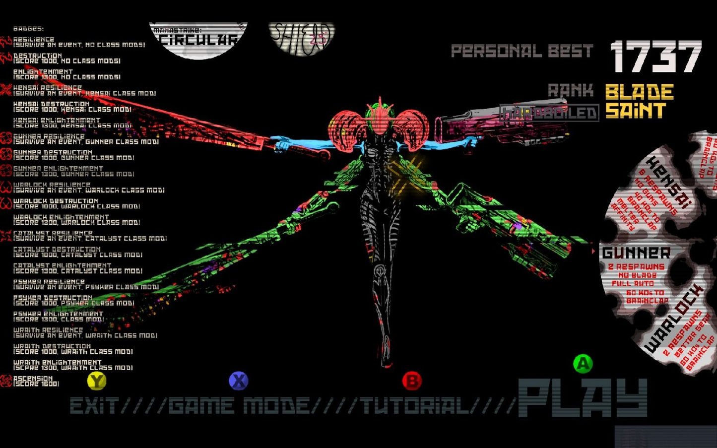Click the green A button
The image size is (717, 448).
coord(583,364)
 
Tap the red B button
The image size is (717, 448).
coord(411,381)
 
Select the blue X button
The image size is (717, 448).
coord(238,381)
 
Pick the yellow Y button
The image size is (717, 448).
coord(97,381)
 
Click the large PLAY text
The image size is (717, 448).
coord(583,398)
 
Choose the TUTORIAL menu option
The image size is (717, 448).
coord(415,406)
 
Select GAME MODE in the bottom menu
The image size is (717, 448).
coord(239,406)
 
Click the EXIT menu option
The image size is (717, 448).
coord(93,406)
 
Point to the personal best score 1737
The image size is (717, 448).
coord(655,57)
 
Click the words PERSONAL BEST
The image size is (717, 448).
coord(521,51)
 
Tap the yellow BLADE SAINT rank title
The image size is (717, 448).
coord(639,101)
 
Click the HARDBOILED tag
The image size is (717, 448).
coord(549,113)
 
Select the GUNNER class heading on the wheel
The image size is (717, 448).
coord(636,253)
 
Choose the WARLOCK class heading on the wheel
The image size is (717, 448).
coord(674,318)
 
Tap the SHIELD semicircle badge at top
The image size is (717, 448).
coord(302,37)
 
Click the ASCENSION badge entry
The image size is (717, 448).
coord(33,381)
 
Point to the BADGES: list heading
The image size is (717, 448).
coord(28,29)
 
